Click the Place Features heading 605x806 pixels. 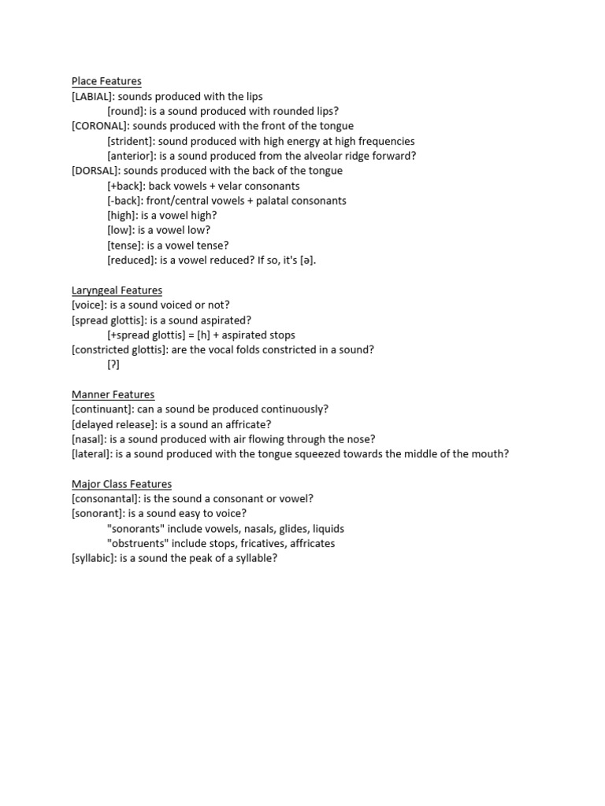coord(106,81)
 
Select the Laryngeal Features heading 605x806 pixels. coord(117,290)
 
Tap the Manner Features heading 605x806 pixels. coord(113,394)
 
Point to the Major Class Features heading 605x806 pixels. coord(121,484)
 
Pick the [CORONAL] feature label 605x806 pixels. coord(99,126)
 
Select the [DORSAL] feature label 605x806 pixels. coord(96,171)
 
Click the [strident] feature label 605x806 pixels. coord(131,141)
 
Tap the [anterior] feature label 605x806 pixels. coord(132,156)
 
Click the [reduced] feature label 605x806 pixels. coord(132,261)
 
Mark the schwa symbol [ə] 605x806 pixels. coord(308,261)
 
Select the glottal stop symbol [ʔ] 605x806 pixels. coord(114,365)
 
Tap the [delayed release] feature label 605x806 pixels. coord(113,424)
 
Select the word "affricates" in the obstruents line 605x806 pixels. coord(310,544)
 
